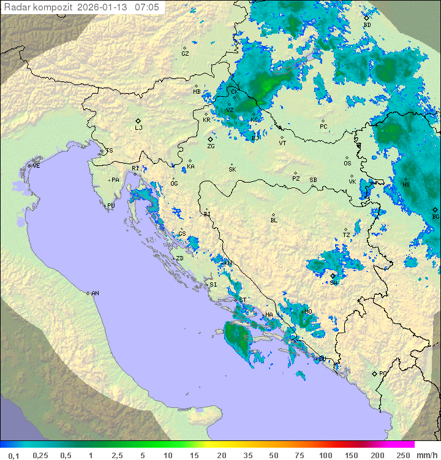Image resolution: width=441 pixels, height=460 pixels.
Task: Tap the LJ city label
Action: (138, 128)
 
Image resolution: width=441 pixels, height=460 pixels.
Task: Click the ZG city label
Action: (211, 146)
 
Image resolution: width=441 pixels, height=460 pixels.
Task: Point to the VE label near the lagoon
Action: (36, 166)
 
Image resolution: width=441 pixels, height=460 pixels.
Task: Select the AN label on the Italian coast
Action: (95, 293)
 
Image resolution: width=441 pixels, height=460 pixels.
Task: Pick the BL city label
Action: (274, 220)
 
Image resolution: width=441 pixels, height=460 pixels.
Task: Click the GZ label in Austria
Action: (185, 54)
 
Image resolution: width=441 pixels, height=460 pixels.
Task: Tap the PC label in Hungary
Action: (323, 127)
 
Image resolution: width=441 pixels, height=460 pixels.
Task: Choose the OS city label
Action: (347, 164)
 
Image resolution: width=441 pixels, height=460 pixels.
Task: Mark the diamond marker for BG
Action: (435, 209)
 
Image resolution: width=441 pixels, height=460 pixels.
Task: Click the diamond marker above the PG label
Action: (374, 373)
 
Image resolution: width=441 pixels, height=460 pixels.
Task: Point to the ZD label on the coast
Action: (179, 258)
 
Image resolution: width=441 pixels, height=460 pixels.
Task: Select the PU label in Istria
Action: (111, 206)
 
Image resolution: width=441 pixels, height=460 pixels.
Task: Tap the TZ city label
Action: (347, 235)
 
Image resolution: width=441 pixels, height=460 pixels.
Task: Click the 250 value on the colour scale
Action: (402, 455)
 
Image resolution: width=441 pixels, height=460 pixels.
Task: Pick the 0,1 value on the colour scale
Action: (13, 455)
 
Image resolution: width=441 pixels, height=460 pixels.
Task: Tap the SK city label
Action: (232, 169)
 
